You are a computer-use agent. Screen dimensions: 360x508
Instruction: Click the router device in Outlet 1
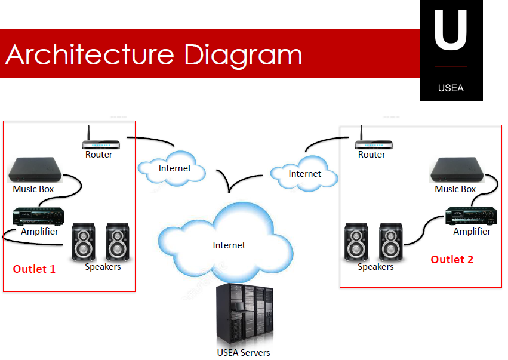101,143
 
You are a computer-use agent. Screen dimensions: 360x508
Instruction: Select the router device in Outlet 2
374,143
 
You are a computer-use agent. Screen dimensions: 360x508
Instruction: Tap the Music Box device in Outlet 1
35,170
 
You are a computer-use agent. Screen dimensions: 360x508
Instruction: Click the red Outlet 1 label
34,269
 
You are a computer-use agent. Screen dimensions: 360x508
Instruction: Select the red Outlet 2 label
452,259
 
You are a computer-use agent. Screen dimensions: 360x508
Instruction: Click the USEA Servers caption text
244,352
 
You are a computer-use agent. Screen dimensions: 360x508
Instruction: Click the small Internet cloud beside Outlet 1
174,168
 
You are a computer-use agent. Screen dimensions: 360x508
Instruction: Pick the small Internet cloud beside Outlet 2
304,173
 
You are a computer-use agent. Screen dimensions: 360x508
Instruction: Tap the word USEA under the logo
451,88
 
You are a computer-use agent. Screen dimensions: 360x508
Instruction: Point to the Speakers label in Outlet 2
375,267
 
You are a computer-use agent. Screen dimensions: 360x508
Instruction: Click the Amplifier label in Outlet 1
39,231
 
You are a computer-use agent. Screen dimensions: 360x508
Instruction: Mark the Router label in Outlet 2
372,155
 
